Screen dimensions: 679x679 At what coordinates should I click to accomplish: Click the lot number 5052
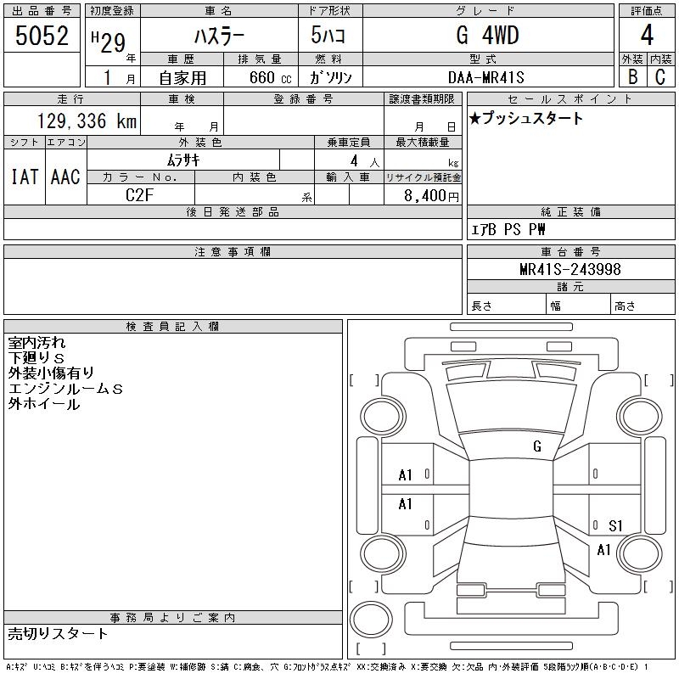click(42, 35)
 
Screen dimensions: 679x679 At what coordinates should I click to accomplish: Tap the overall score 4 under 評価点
click(647, 35)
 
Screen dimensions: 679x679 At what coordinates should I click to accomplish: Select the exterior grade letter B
click(632, 76)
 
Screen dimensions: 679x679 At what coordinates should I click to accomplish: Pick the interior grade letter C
click(660, 76)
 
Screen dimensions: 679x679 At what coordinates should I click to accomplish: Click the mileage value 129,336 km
click(87, 121)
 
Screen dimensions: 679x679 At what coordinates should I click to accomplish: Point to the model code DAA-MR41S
click(486, 77)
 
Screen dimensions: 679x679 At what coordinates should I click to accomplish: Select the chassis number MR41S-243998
click(570, 269)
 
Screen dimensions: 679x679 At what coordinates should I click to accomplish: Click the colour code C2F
click(139, 195)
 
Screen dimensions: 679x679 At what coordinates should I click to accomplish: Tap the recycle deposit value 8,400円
click(432, 196)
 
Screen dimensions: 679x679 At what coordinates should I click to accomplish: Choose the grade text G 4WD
click(487, 35)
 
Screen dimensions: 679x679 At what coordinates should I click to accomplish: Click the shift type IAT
click(25, 177)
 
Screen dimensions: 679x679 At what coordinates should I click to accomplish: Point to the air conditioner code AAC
click(65, 177)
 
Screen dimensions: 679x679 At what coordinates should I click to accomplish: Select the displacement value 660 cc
click(270, 77)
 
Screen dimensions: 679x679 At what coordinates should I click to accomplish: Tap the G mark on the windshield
click(537, 446)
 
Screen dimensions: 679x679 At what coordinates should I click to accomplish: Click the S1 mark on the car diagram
click(615, 525)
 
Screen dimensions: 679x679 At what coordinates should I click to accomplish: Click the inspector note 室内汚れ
click(36, 343)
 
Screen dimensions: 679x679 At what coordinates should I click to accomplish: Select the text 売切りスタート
click(58, 633)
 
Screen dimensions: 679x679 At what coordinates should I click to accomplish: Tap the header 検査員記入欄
click(172, 327)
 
